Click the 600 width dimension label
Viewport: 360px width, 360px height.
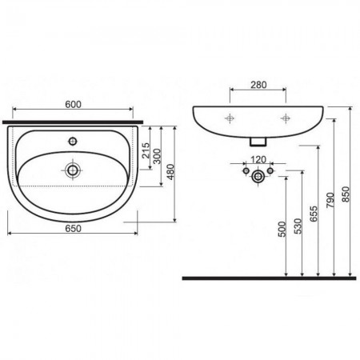[x=73, y=104]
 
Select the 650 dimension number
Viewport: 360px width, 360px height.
[x=73, y=229]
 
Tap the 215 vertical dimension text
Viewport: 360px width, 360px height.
[x=146, y=150]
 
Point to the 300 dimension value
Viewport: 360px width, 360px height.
[x=157, y=156]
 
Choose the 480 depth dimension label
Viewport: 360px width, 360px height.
[x=170, y=172]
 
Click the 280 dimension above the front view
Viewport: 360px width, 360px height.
[x=258, y=85]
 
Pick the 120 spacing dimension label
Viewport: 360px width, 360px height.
[x=258, y=160]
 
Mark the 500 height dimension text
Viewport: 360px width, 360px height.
[x=282, y=229]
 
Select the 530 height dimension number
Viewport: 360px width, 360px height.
[x=298, y=226]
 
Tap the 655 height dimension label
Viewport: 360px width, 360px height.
[x=314, y=214]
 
